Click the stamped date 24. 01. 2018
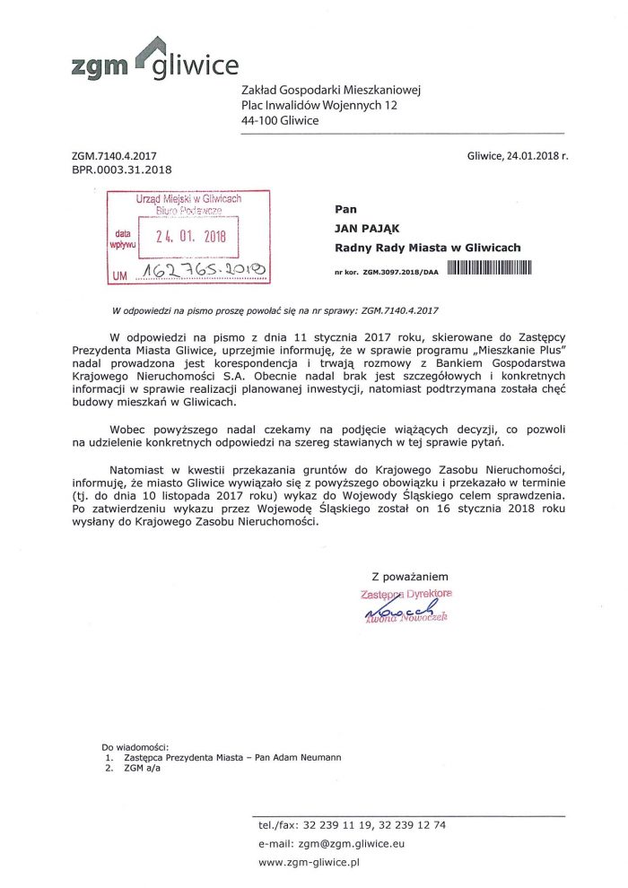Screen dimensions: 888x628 pyautogui.click(x=191, y=238)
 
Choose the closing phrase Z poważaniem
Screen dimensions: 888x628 pyautogui.click(x=409, y=577)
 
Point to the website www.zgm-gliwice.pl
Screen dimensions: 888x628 pyautogui.click(x=309, y=862)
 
